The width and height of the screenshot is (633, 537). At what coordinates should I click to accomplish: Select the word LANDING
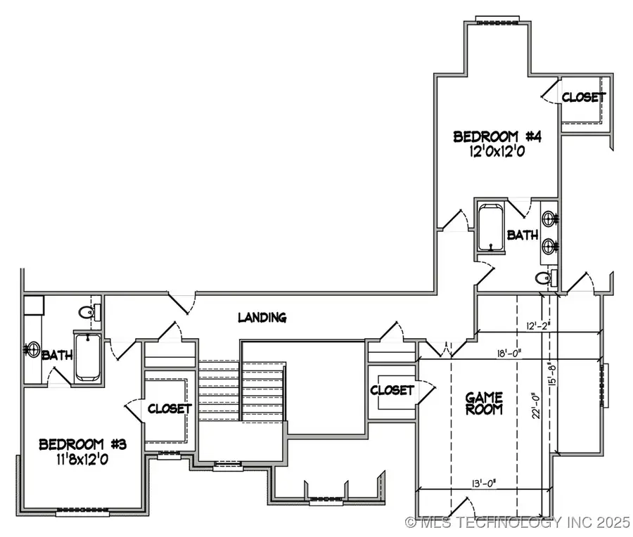262,317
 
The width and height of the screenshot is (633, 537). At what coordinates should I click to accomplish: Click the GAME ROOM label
485,403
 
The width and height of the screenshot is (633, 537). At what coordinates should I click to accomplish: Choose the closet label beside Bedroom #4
583,98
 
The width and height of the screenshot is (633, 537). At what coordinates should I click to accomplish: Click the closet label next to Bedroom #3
169,408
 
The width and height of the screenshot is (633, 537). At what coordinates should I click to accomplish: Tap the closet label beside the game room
392,389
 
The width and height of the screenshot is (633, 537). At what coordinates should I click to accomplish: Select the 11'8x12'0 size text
78,460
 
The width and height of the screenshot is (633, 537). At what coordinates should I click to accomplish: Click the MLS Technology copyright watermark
518,522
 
